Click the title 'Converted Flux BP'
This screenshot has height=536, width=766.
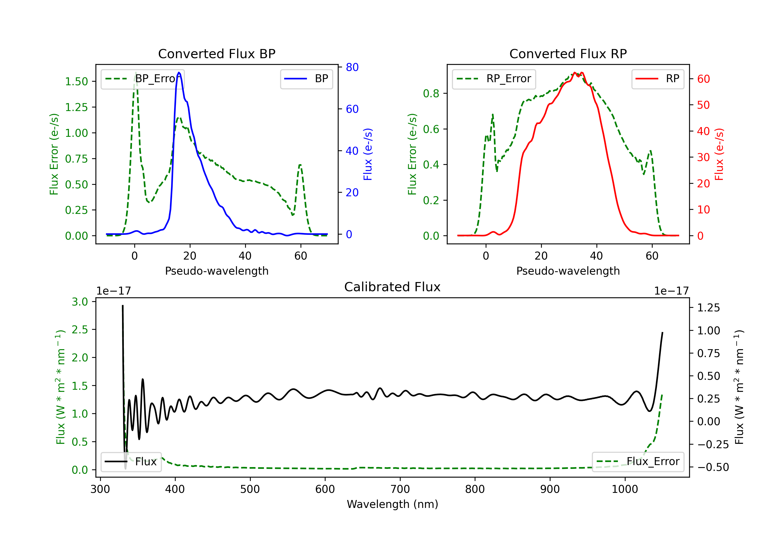pyautogui.click(x=217, y=54)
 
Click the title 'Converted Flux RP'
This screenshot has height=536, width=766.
pyautogui.click(x=568, y=54)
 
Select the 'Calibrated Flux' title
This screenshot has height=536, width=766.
pyautogui.click(x=392, y=287)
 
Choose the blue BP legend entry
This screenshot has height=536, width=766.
pyautogui.click(x=306, y=79)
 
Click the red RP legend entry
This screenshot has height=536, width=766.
pyautogui.click(x=657, y=79)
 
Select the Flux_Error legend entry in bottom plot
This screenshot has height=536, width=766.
pyautogui.click(x=638, y=462)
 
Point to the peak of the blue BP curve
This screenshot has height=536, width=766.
pyautogui.click(x=179, y=72)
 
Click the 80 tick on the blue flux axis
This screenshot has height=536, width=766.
pyautogui.click(x=352, y=67)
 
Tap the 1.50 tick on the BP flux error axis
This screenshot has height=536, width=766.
pyautogui.click(x=76, y=81)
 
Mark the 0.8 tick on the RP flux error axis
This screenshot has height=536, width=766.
pyautogui.click(x=431, y=93)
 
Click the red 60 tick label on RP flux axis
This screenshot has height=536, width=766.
pyautogui.click(x=703, y=79)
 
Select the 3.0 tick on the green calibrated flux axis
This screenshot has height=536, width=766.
pyautogui.click(x=80, y=302)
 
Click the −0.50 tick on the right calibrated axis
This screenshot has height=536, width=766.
pyautogui.click(x=713, y=467)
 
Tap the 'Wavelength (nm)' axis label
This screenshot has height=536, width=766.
pyautogui.click(x=392, y=504)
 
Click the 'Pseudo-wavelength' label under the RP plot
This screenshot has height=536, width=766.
pyautogui.click(x=568, y=271)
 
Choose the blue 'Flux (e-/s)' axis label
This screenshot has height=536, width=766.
pyautogui.click(x=368, y=154)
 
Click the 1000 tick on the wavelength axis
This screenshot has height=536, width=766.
pyautogui.click(x=625, y=489)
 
